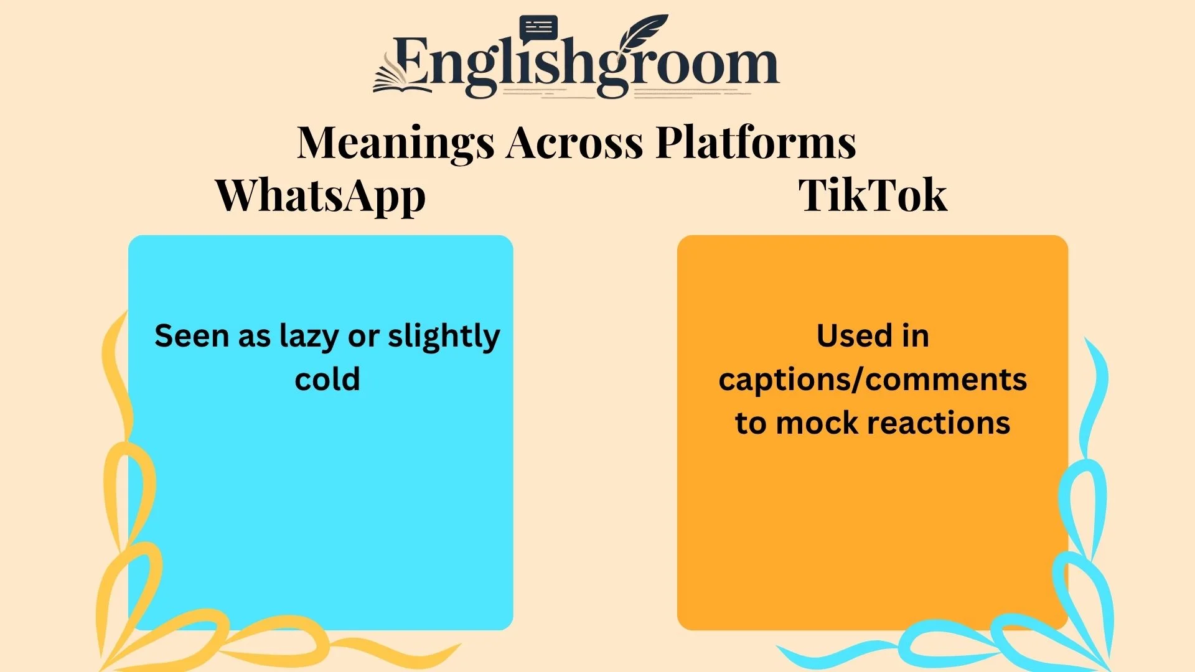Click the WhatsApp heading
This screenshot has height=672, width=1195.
click(321, 195)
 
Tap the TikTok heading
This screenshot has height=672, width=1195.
click(873, 195)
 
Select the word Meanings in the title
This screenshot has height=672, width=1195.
click(395, 142)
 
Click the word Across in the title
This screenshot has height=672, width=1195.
click(574, 142)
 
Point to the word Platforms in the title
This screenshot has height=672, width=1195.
click(756, 142)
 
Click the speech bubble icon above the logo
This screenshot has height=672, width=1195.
click(538, 28)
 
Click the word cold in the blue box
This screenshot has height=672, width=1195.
click(327, 380)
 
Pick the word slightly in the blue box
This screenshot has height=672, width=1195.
click(444, 337)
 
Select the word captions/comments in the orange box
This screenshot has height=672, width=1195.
click(873, 380)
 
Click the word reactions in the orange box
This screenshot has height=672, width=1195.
click(938, 423)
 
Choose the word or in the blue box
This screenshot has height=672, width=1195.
click(363, 337)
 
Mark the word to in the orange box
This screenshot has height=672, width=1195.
click(750, 423)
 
